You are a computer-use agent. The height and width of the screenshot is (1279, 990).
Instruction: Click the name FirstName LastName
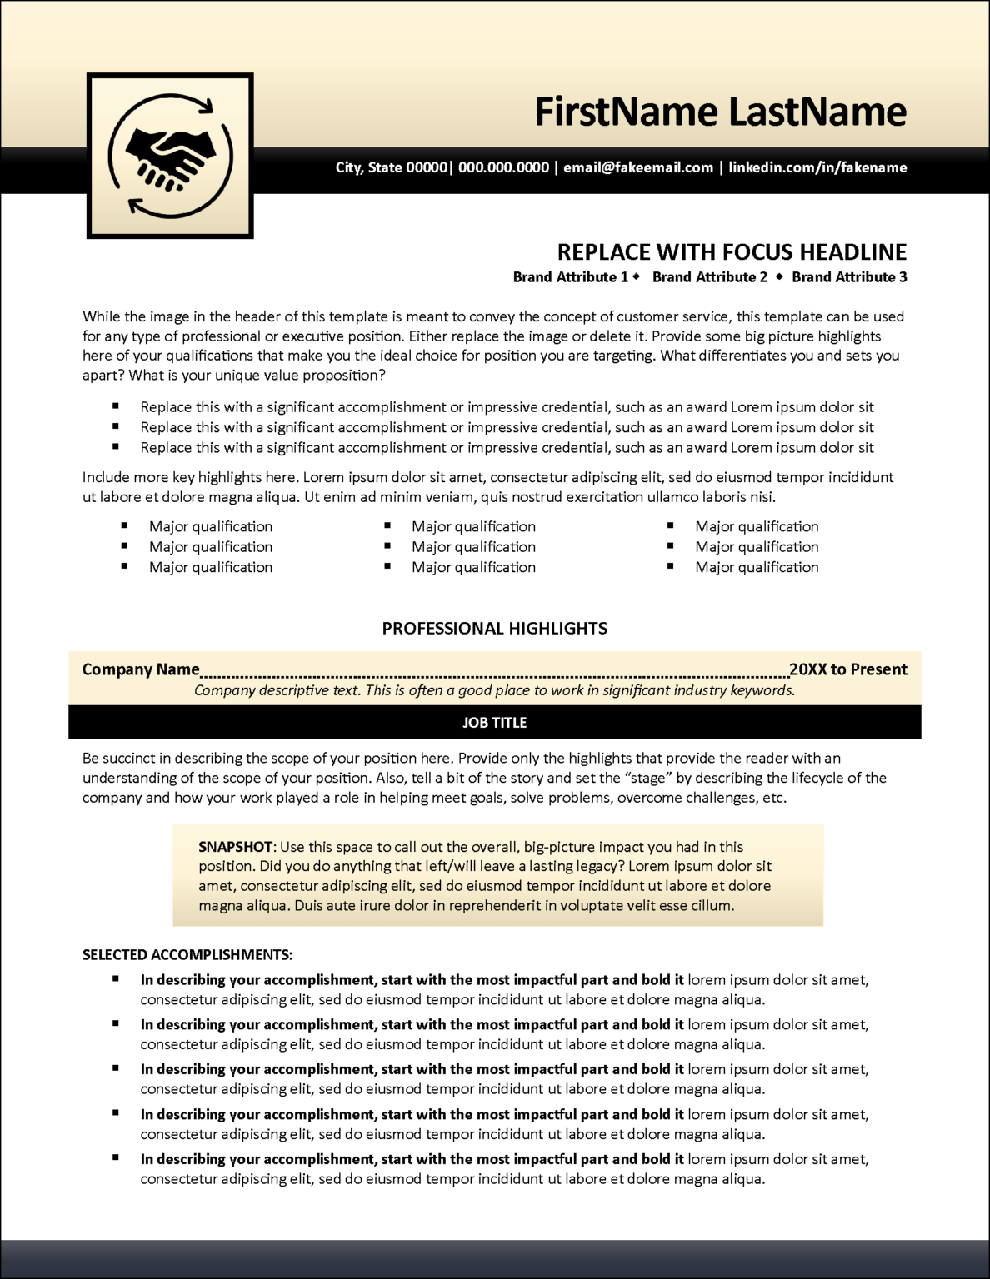coord(720,112)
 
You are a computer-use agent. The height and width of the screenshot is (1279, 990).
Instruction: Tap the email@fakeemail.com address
coord(638,167)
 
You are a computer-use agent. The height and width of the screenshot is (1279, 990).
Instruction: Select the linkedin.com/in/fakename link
coord(817,167)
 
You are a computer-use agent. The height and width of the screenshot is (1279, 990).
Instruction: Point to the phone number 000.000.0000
coord(503,167)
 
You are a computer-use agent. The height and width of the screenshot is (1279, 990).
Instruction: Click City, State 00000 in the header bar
coord(391,167)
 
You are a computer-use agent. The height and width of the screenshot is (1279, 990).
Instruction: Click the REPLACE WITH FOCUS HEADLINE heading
coord(732,252)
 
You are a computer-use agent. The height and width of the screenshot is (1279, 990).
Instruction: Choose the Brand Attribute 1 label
coord(570,277)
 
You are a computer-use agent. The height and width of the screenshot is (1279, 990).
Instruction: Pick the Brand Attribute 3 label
coord(849,277)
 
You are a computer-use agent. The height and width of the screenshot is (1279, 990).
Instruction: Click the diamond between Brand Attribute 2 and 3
coord(780,276)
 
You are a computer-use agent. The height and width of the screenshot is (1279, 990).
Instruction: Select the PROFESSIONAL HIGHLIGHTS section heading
coord(494,629)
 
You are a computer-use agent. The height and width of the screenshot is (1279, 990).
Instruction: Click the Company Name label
coord(141,669)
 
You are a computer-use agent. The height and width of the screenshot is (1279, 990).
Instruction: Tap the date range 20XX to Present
coord(848,669)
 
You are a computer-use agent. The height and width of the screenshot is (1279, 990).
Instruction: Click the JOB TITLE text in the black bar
coord(494,723)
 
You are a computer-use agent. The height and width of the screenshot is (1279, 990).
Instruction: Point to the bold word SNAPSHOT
coord(235,847)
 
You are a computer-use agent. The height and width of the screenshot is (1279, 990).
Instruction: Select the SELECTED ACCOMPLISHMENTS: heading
coord(187,955)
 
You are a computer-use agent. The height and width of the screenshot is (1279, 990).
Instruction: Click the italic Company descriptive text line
coord(494,690)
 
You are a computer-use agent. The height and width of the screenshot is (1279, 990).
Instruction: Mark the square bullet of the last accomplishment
coord(117,1157)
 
